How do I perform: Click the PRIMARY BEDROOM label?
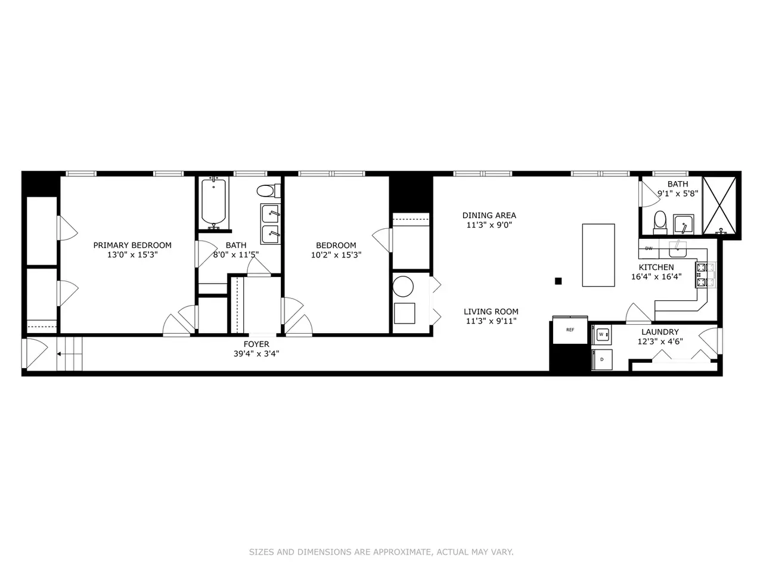tap(132, 245)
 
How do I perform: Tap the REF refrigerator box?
tap(570, 329)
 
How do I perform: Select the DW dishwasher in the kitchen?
tap(649, 248)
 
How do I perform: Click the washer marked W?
tap(601, 334)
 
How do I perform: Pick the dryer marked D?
tap(602, 359)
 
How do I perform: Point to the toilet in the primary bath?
tap(268, 191)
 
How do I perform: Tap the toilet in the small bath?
tap(660, 223)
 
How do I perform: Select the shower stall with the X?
tap(719, 206)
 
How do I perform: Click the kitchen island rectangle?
tap(598, 255)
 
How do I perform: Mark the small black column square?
tap(559, 281)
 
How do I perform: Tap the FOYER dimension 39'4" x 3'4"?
tap(256, 353)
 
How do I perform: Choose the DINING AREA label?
tap(489, 215)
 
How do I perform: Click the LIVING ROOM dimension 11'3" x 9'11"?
tap(491, 321)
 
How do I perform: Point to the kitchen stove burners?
tap(705, 275)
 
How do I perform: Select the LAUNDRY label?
tap(660, 332)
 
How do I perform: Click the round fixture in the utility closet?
tap(403, 287)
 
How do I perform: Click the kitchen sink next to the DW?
tap(678, 248)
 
